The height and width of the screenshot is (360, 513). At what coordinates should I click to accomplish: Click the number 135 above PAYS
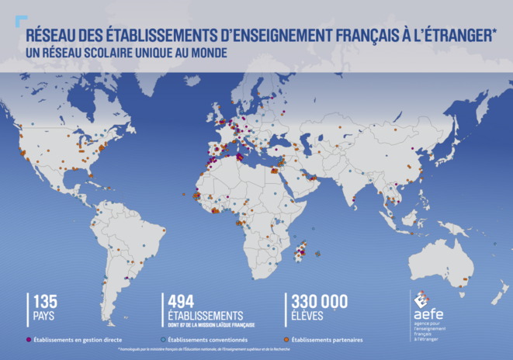tap(45, 302)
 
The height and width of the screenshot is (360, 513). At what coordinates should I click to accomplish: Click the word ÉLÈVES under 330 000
tap(307, 316)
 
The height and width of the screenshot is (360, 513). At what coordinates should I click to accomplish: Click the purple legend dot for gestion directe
tap(28, 340)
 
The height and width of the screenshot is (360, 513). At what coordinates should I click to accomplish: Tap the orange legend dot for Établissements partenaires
tap(286, 340)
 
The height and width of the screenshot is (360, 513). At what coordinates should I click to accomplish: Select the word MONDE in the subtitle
tap(209, 54)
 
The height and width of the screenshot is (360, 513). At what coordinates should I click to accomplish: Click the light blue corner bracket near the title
tap(21, 21)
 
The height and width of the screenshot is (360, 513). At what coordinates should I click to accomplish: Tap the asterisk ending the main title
tap(494, 33)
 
